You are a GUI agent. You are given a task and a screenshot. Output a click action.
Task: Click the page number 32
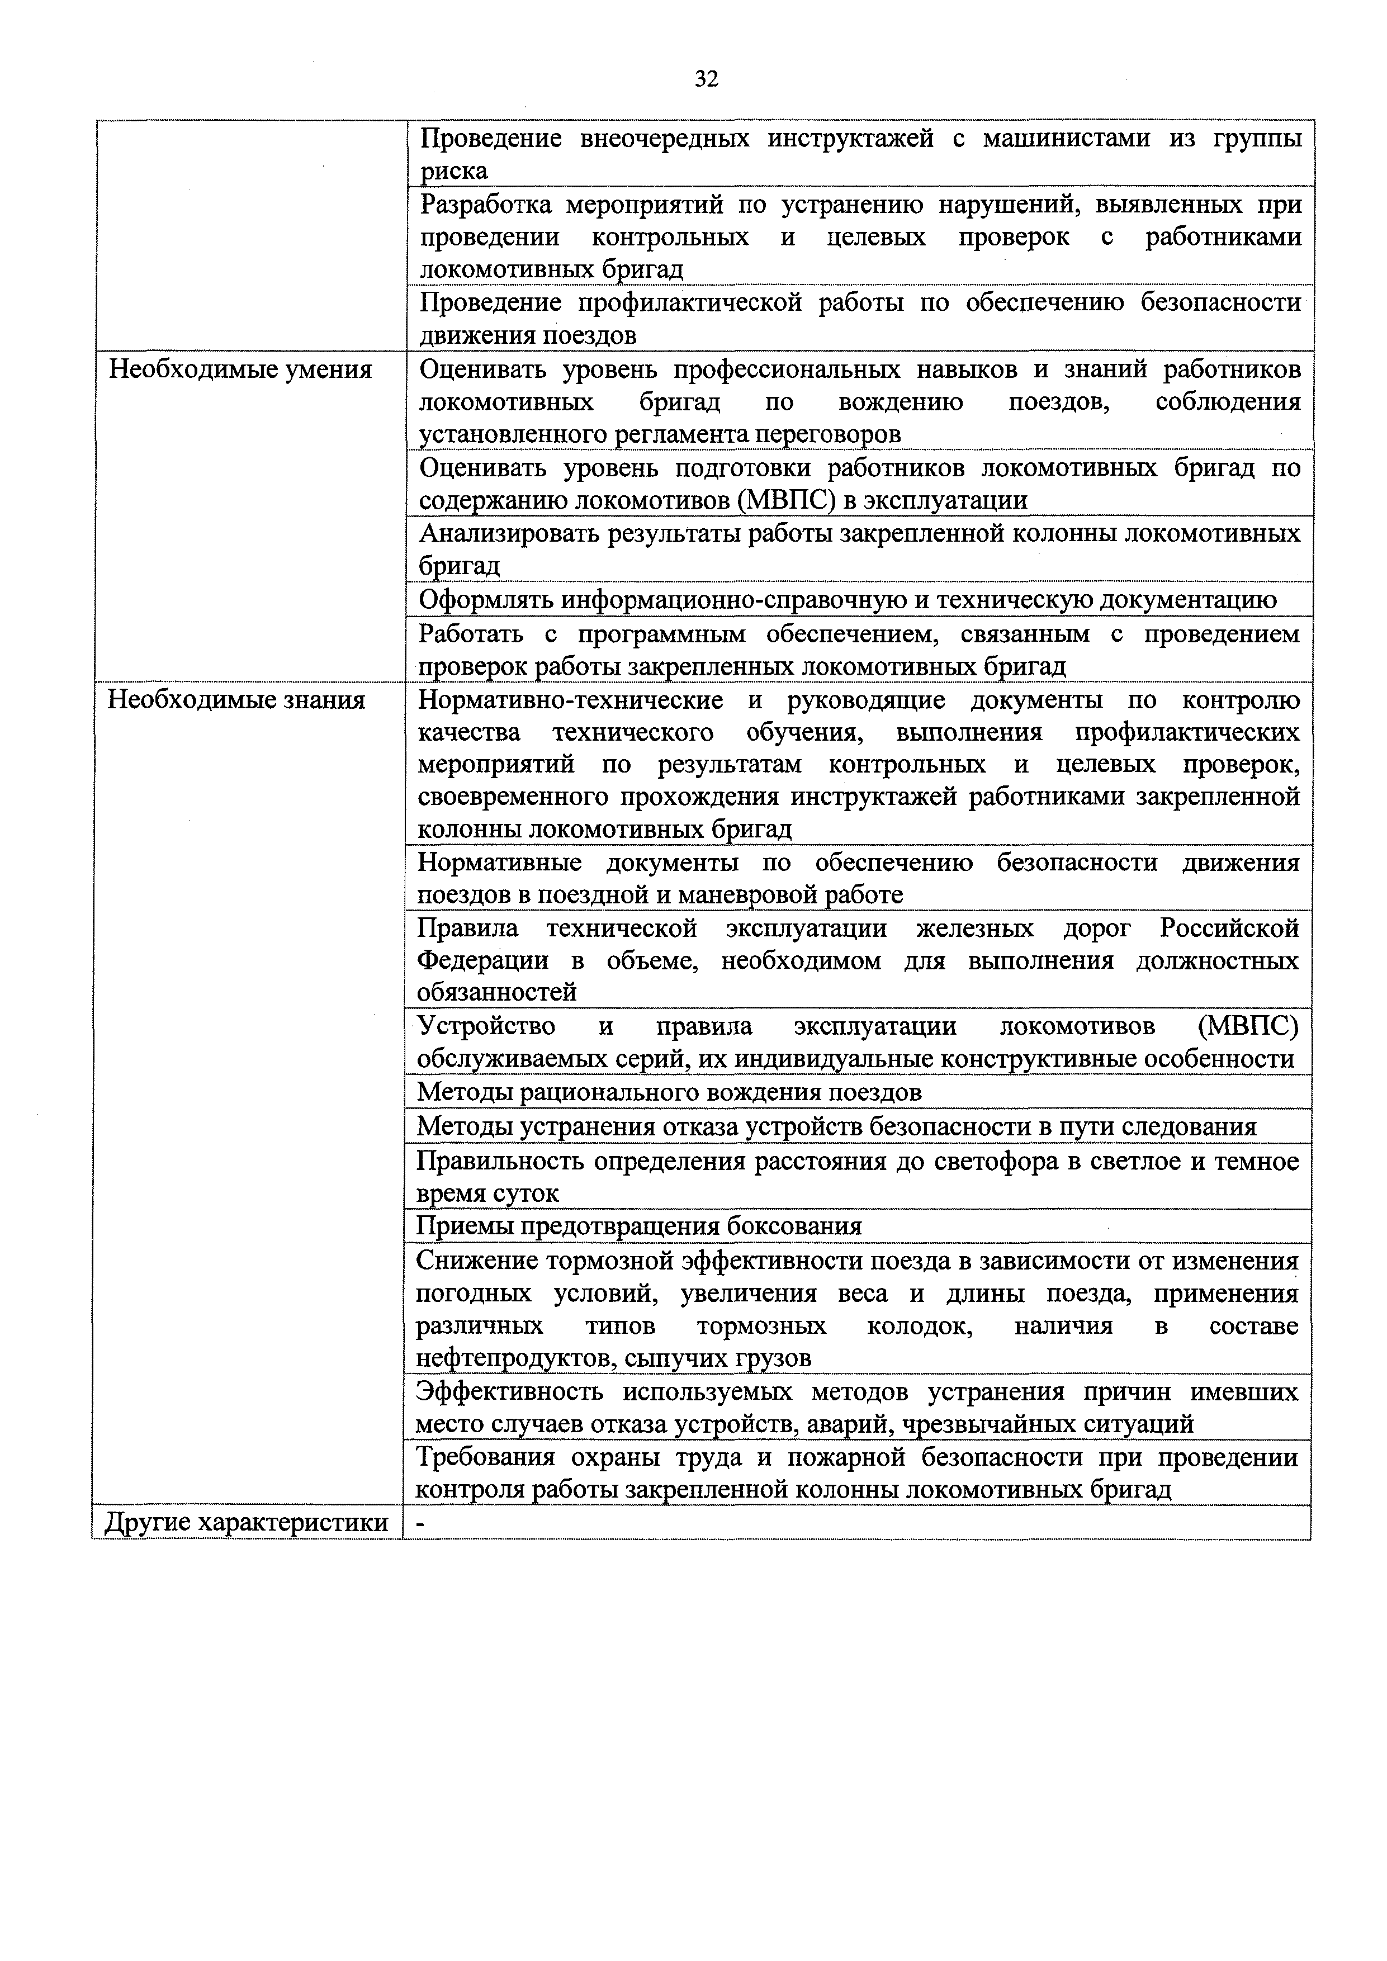point(706,79)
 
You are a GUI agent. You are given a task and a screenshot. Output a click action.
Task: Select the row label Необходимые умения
point(241,370)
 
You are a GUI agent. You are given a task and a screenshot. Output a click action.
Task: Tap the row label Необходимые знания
point(236,700)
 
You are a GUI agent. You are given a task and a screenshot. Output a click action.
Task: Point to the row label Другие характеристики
point(246,1547)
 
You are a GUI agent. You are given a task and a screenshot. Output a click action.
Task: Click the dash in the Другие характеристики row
point(419,1547)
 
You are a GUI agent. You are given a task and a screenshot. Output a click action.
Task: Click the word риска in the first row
point(455,171)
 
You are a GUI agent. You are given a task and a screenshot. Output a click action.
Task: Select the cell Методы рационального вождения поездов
point(669,1092)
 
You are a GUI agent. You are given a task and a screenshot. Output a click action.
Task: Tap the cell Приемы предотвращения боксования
point(639,1226)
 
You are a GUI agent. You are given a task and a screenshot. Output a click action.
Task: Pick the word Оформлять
point(486,600)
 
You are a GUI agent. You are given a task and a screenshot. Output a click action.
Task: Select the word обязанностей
point(496,992)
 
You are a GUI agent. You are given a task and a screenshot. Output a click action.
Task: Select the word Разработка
point(487,205)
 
